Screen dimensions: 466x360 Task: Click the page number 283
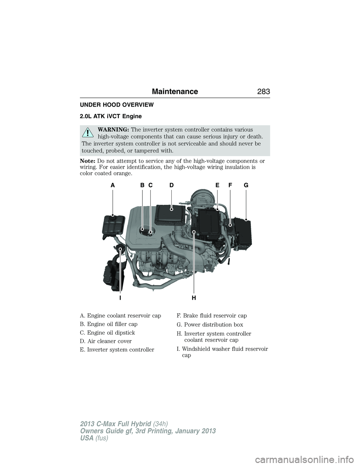click(262, 91)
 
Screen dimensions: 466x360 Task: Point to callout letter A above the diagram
click(112, 185)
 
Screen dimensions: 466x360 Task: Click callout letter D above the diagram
click(171, 185)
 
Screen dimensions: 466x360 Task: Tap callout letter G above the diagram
click(246, 185)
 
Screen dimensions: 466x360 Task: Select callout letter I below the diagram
click(120, 298)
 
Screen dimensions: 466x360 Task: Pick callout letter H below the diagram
click(193, 298)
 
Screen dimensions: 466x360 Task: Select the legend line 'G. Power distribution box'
click(210, 325)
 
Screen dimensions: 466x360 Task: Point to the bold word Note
click(88, 161)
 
